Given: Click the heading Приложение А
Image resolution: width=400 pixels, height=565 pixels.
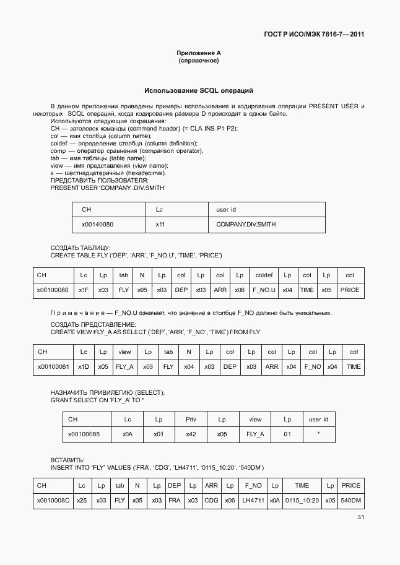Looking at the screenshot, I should click(x=199, y=53).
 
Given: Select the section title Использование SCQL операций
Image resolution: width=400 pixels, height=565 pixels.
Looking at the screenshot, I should click(x=199, y=90).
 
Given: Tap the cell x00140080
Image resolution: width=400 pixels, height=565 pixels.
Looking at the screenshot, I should click(x=98, y=225).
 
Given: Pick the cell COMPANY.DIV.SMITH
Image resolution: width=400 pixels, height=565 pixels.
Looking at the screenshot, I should click(x=246, y=225).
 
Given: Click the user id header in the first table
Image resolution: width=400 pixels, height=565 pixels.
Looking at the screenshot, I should click(x=226, y=210).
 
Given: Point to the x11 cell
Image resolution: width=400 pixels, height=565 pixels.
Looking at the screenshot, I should click(x=160, y=225).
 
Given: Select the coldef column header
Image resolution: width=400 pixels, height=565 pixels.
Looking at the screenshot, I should click(x=264, y=275).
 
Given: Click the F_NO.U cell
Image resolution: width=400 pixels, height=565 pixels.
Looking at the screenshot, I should click(x=264, y=290).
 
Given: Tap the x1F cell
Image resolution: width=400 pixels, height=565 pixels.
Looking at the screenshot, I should click(x=84, y=290).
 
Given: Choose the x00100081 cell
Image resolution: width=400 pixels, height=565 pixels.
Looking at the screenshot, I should click(x=53, y=367).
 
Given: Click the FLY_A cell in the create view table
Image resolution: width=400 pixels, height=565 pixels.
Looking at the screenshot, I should click(x=124, y=367).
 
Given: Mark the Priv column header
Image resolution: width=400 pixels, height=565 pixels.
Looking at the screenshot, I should click(x=191, y=420).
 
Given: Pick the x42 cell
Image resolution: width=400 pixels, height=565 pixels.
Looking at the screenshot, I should click(x=191, y=434).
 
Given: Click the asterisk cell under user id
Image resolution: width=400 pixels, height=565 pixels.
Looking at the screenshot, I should click(x=318, y=434).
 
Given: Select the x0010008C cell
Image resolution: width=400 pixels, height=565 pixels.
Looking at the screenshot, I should click(x=53, y=501).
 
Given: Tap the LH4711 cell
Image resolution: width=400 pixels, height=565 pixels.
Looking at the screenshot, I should click(x=253, y=501).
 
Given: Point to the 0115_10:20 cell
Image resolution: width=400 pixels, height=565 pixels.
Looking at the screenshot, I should click(x=302, y=501).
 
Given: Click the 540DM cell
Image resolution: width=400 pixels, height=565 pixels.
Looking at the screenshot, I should click(x=350, y=501).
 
